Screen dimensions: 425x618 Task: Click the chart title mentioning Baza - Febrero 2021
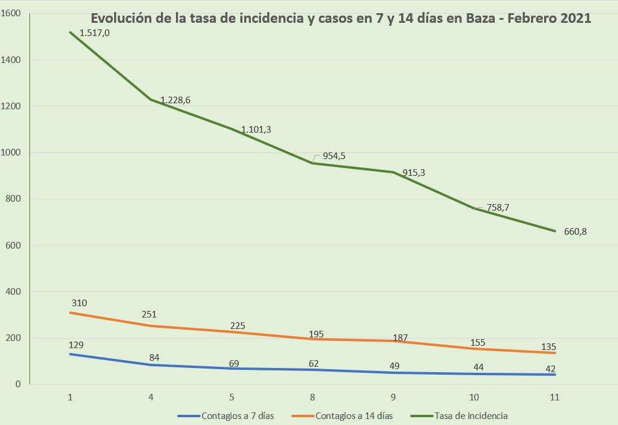341,18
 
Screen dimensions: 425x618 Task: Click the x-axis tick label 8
312,397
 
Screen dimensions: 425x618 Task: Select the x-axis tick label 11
554,397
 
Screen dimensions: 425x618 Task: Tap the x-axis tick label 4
151,397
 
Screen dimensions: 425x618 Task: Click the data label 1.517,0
94,33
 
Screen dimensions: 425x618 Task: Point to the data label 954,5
335,156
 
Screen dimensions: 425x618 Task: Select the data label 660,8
575,231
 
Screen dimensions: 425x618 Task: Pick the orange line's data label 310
79,303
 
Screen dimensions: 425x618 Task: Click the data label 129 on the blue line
77,345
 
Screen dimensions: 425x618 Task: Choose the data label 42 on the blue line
550,368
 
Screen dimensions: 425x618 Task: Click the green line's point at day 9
393,172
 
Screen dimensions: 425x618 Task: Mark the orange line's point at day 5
232,332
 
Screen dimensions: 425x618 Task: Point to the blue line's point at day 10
474,374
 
